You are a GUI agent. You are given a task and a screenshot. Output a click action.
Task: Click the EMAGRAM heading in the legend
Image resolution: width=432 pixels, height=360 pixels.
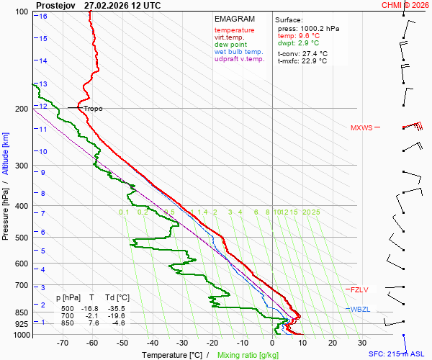234,19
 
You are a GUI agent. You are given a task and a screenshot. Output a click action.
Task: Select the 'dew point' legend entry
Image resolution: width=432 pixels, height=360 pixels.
230,45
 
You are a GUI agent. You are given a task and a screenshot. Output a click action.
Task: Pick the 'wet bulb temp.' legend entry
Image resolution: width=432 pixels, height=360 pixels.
239,52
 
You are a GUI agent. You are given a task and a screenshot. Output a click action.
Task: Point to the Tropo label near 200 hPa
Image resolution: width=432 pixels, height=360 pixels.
93,109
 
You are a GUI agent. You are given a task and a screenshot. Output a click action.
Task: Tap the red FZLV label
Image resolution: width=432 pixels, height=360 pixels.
359,289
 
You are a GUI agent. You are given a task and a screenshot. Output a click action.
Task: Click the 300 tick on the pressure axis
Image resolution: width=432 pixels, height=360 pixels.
22,166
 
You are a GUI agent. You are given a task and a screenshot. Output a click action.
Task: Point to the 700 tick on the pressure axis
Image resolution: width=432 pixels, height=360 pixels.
22,286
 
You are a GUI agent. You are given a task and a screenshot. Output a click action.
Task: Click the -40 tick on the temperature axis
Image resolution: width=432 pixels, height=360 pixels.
153,343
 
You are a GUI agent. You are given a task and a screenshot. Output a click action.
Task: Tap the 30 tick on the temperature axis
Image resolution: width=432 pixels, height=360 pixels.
361,343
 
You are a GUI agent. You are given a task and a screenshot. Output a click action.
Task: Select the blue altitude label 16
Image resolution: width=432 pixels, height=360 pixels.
43,16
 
